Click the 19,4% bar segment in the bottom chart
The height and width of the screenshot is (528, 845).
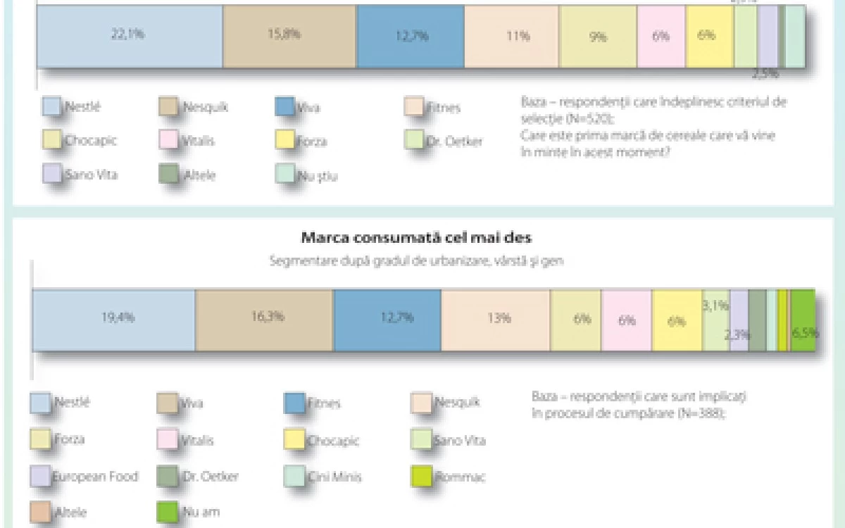pyautogui.click(x=113, y=319)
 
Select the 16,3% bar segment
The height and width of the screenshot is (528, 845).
pyautogui.click(x=264, y=319)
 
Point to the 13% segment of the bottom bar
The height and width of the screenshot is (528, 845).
pyautogui.click(x=495, y=319)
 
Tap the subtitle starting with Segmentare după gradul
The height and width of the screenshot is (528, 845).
pyautogui.click(x=417, y=261)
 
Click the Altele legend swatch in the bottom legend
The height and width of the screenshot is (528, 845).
pyautogui.click(x=41, y=512)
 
